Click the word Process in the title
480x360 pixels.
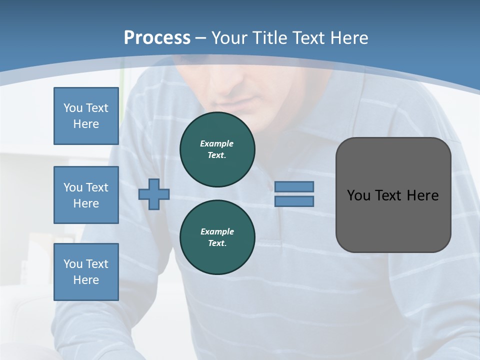[157, 38]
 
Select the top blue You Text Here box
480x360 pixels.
[86, 116]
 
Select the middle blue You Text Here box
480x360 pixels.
[86, 195]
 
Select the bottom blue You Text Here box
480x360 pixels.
[86, 272]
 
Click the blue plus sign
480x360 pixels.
[154, 194]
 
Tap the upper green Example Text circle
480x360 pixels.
[217, 149]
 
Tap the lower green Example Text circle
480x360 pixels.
[217, 237]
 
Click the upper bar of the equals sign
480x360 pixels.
[294, 186]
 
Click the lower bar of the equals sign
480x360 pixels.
[294, 201]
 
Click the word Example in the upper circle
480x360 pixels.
[217, 143]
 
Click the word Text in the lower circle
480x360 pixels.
[217, 243]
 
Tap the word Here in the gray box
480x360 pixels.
[422, 195]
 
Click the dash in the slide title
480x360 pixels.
[200, 38]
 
